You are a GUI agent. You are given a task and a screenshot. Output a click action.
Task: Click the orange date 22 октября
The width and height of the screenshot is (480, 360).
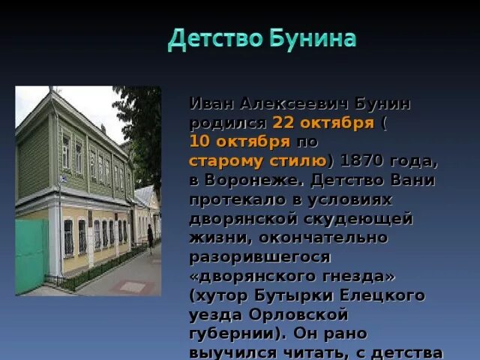pos(322,121)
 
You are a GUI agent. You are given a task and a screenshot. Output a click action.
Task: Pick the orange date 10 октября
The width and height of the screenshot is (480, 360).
pos(239,141)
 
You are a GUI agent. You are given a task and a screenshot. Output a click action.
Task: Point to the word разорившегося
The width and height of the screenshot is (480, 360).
pos(259,257)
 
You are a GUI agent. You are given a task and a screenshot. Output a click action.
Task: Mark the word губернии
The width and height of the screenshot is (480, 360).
pos(229,334)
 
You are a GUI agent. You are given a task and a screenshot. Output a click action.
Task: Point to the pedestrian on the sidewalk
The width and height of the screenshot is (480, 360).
pos(150,238)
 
